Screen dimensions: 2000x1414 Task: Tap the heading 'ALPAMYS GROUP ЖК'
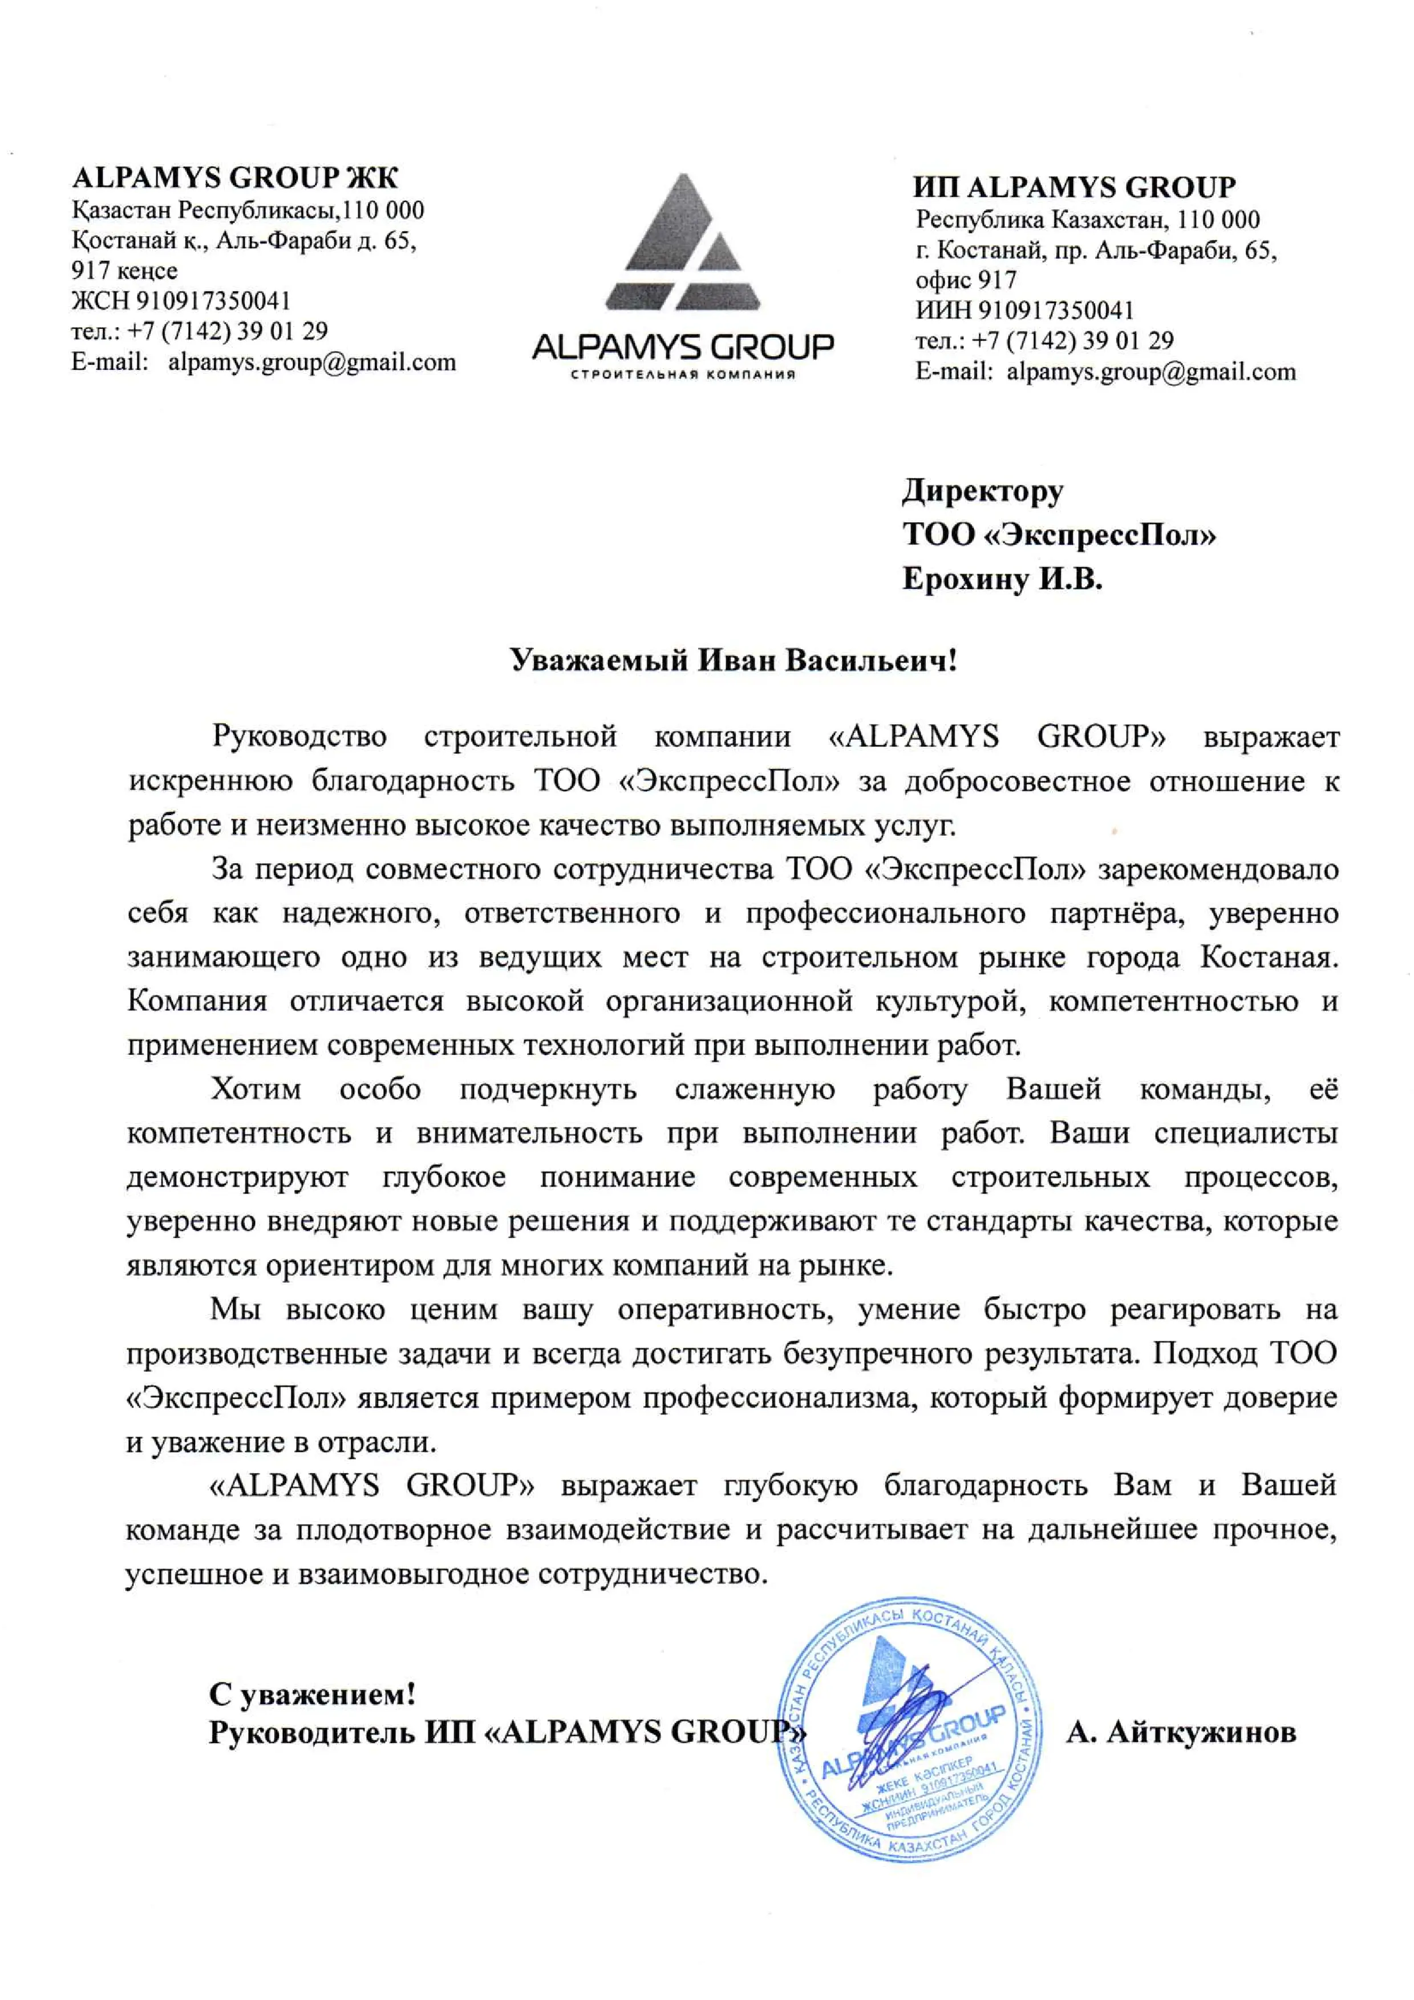[235, 178]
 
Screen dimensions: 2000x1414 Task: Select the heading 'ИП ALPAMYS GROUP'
[1073, 187]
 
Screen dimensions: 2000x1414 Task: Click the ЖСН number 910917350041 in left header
[213, 301]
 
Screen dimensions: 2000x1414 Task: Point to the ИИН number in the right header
[1056, 311]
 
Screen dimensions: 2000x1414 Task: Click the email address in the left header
[311, 362]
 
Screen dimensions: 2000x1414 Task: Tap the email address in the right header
[1150, 372]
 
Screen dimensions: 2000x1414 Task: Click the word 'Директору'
[982, 491]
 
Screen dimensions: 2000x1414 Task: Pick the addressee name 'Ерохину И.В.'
[1002, 579]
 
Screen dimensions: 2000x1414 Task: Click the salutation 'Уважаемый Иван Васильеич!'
[733, 660]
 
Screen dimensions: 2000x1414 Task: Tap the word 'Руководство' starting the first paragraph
[299, 737]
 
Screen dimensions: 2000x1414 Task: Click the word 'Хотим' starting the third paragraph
[256, 1089]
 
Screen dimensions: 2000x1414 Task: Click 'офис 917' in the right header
[966, 280]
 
